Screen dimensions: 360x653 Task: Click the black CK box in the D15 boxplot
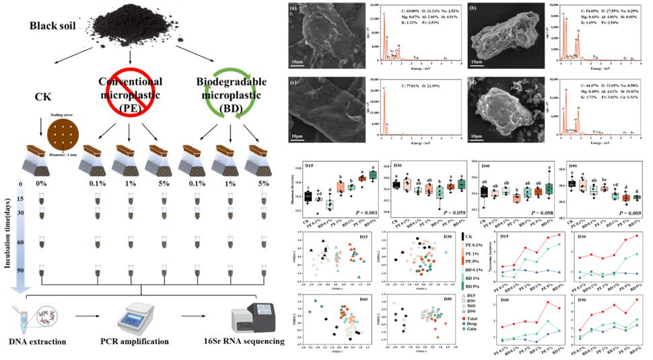click(307, 196)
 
